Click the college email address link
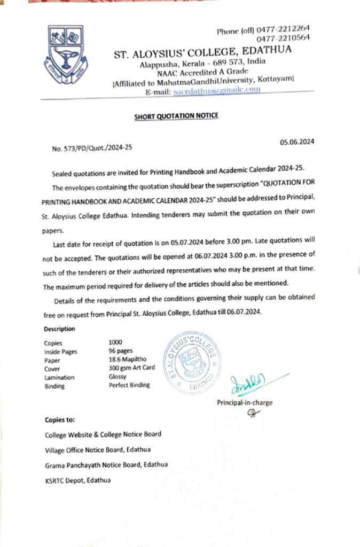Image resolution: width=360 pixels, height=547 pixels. click(x=217, y=90)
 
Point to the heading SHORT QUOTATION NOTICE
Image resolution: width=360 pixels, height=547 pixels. click(x=176, y=116)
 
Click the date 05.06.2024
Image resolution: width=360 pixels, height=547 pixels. click(x=297, y=142)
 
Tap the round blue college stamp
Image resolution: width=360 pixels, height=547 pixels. click(x=192, y=362)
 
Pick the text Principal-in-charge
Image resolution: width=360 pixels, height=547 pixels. click(x=244, y=402)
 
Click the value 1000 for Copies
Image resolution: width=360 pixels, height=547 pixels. click(x=115, y=342)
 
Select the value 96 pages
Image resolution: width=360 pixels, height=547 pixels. click(x=121, y=351)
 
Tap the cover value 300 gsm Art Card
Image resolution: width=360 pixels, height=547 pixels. click(x=131, y=368)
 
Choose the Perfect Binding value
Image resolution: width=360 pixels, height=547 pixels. click(x=129, y=385)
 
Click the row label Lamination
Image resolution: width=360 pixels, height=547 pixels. click(x=59, y=377)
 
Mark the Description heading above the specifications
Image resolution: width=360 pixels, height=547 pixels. click(x=60, y=329)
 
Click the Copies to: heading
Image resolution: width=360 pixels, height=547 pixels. click(x=60, y=420)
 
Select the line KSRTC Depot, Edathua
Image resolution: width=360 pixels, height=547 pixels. click(x=78, y=480)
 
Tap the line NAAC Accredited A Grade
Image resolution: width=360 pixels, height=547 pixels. click(x=202, y=72)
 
